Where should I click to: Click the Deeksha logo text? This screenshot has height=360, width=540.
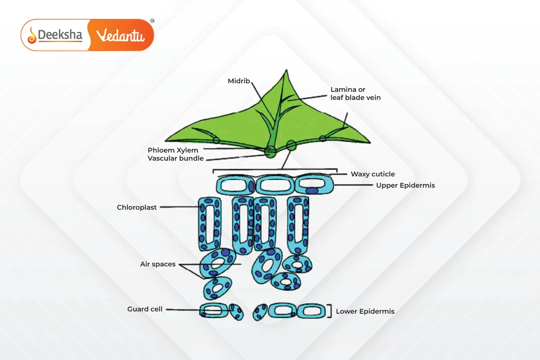(60, 35)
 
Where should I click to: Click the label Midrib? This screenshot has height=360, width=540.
(239, 81)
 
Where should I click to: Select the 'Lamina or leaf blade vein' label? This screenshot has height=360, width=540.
(355, 93)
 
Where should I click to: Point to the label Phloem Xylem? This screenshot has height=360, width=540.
(173, 150)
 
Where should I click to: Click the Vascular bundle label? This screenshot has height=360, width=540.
(175, 158)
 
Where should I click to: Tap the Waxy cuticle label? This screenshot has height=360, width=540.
(373, 174)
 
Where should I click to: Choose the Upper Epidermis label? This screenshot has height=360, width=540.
(405, 185)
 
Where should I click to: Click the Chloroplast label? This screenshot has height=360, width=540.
(137, 207)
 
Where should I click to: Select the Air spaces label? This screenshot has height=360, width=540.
(157, 264)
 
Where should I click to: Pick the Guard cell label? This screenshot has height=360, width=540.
(145, 309)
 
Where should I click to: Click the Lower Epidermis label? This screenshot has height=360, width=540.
(365, 311)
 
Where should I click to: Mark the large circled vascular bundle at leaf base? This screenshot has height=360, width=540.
(271, 152)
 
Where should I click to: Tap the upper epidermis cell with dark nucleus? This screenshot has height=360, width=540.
(314, 185)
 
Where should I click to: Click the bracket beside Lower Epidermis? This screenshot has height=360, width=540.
(331, 311)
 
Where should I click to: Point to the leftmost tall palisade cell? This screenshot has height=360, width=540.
(210, 223)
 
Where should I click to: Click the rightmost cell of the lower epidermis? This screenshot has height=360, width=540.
(311, 310)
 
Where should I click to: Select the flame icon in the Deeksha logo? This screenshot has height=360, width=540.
(32, 35)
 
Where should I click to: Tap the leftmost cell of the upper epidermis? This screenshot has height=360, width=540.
(235, 185)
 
